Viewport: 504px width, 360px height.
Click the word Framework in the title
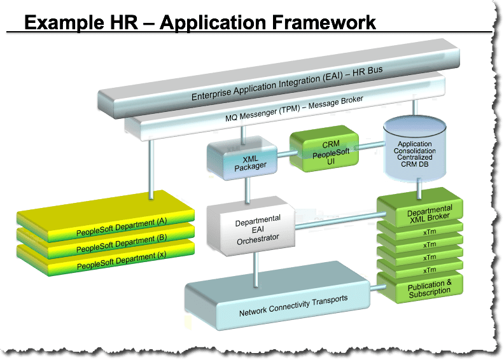pos(324,22)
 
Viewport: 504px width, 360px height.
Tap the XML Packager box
pos(242,158)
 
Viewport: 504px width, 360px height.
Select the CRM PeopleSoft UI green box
pos(324,149)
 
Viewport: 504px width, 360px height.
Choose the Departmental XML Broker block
pos(420,209)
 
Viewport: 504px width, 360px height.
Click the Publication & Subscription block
pos(420,288)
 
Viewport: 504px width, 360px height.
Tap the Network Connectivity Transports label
pos(293,306)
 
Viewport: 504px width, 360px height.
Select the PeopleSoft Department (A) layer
pos(106,215)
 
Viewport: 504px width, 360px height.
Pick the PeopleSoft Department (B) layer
pos(106,243)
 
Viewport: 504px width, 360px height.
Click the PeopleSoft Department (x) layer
pos(106,260)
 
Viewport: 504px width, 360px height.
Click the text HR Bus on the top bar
pos(367,71)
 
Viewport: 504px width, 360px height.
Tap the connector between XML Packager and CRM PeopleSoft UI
pos(284,154)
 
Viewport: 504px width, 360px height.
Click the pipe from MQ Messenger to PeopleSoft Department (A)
pos(151,169)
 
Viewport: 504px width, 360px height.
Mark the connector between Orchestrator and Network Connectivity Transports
pos(256,269)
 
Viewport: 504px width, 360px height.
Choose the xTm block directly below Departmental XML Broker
pos(420,232)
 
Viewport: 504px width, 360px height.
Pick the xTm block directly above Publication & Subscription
pos(420,269)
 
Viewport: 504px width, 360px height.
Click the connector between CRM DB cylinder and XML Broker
pos(419,189)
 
